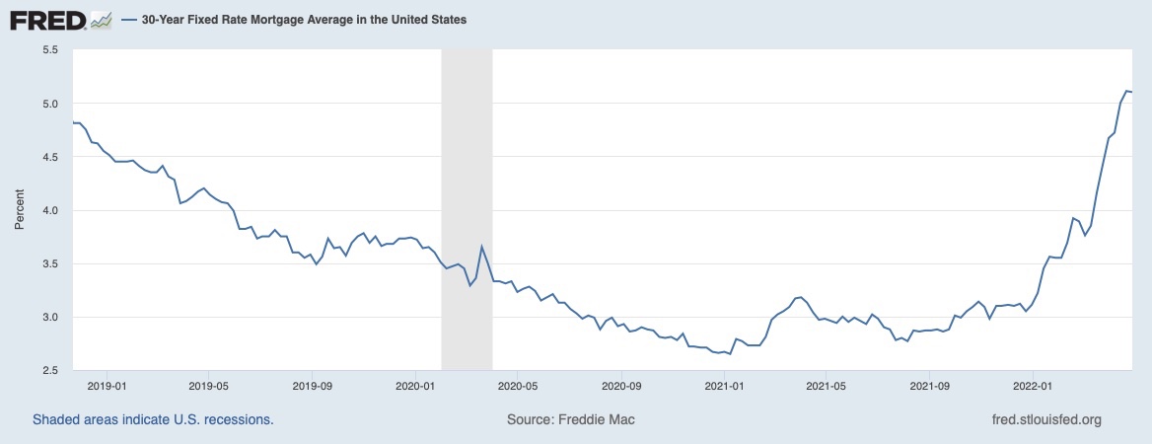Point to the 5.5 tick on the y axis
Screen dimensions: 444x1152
(49, 49)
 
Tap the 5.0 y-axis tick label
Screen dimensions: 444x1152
(49, 104)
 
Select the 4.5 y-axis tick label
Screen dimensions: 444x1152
(49, 157)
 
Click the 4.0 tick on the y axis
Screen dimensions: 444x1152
(49, 210)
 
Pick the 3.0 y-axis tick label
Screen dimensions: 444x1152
(49, 317)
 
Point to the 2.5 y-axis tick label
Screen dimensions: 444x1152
(49, 370)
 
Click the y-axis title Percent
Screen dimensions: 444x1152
(19, 210)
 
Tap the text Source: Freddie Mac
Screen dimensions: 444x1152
(571, 419)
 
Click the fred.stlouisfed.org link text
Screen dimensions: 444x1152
(1045, 419)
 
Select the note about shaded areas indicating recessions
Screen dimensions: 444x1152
(153, 419)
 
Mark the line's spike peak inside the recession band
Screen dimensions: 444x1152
(481, 247)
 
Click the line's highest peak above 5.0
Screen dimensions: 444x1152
(1125, 91)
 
